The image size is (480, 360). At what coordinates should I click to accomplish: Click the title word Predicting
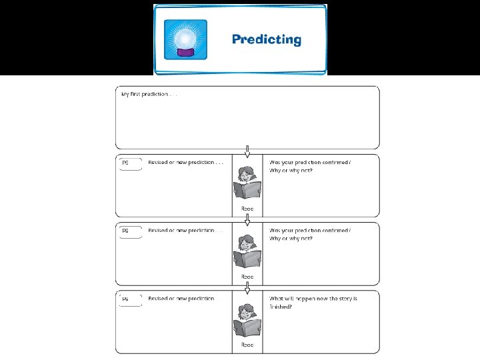(x=267, y=39)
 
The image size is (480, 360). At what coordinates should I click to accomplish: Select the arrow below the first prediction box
(x=247, y=151)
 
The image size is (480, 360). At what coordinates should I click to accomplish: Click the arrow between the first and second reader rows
(x=247, y=219)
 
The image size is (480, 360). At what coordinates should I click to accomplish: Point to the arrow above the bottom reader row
(x=247, y=287)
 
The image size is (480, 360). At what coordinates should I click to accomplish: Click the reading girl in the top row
(x=247, y=181)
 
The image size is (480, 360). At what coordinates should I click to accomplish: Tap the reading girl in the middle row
(x=247, y=250)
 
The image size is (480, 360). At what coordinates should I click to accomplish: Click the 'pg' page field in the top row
(x=130, y=164)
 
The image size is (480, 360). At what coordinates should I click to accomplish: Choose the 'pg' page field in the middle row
(x=130, y=232)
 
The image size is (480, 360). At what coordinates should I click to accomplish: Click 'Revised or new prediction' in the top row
(x=185, y=162)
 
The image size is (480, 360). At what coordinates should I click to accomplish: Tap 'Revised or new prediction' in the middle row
(x=185, y=230)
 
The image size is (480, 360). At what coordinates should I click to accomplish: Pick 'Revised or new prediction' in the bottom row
(x=185, y=299)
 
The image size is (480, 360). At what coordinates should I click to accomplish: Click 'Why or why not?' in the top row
(x=291, y=170)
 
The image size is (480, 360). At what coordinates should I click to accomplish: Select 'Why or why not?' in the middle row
(x=291, y=238)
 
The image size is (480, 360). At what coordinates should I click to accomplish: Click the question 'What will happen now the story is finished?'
(x=313, y=303)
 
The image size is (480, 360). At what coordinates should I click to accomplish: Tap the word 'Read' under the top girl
(x=247, y=209)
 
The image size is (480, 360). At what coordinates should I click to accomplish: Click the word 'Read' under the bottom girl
(x=247, y=345)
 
